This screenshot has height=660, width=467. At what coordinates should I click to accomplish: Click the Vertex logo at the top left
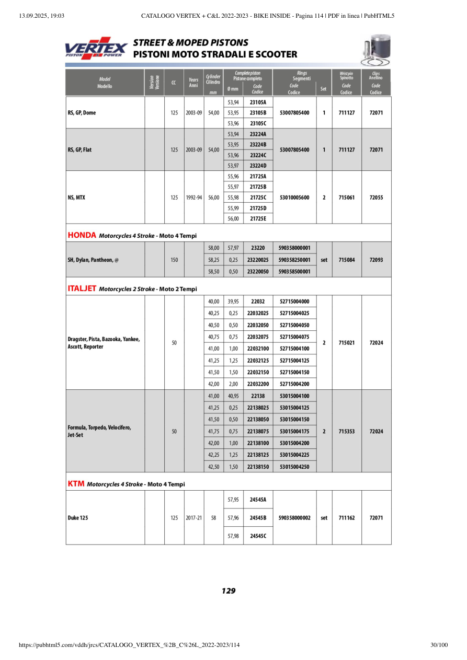[x=96, y=48]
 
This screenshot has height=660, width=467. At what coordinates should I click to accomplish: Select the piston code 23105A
[x=258, y=102]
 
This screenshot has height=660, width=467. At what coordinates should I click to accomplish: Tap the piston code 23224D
[x=258, y=166]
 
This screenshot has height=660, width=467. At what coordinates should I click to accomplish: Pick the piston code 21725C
[x=258, y=198]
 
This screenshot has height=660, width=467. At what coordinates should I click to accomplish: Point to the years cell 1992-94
[x=193, y=198]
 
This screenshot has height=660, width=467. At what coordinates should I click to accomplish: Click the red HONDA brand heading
[x=82, y=235]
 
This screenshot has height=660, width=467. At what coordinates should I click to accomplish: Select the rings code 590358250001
[x=294, y=260]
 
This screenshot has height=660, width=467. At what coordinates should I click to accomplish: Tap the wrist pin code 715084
[x=346, y=260]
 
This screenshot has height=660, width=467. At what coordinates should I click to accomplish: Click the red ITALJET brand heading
[x=82, y=288]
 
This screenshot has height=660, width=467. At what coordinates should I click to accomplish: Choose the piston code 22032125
[x=258, y=361]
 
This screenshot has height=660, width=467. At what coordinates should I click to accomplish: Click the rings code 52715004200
[x=294, y=384]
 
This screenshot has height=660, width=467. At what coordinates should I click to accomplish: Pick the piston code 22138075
[x=258, y=432]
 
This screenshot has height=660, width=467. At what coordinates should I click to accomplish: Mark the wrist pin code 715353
[x=346, y=432]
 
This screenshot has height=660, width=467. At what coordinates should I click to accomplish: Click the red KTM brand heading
[x=76, y=484]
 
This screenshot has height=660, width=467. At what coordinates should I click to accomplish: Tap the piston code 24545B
[x=258, y=518]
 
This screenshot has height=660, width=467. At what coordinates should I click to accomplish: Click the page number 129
[x=229, y=591]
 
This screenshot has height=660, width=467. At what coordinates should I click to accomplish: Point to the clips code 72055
[x=376, y=198]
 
